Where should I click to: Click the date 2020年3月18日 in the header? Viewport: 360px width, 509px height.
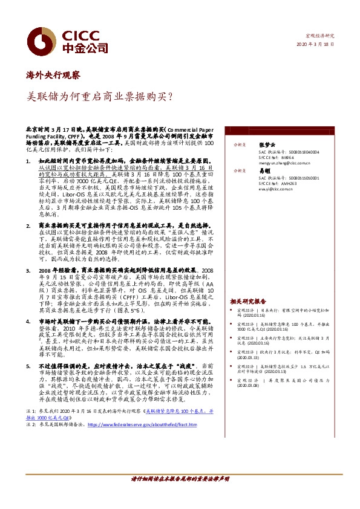click(x=314, y=45)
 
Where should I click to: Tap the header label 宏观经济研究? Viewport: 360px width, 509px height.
click(x=318, y=36)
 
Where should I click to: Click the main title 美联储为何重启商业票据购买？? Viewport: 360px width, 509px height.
click(x=100, y=97)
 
